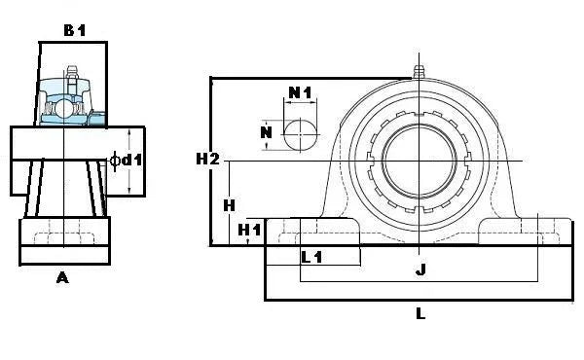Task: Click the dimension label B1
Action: [x=75, y=30]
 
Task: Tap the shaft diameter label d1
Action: [x=132, y=160]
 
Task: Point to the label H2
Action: [x=208, y=159]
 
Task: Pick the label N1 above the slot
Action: [x=301, y=93]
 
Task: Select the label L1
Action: [x=311, y=257]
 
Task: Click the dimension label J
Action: [x=420, y=270]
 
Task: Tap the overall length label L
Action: [x=420, y=313]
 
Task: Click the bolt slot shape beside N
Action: [x=300, y=133]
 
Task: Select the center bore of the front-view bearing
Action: [x=420, y=160]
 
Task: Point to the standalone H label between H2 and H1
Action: [x=229, y=205]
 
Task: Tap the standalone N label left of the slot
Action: [x=265, y=132]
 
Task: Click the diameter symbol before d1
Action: [x=116, y=160]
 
